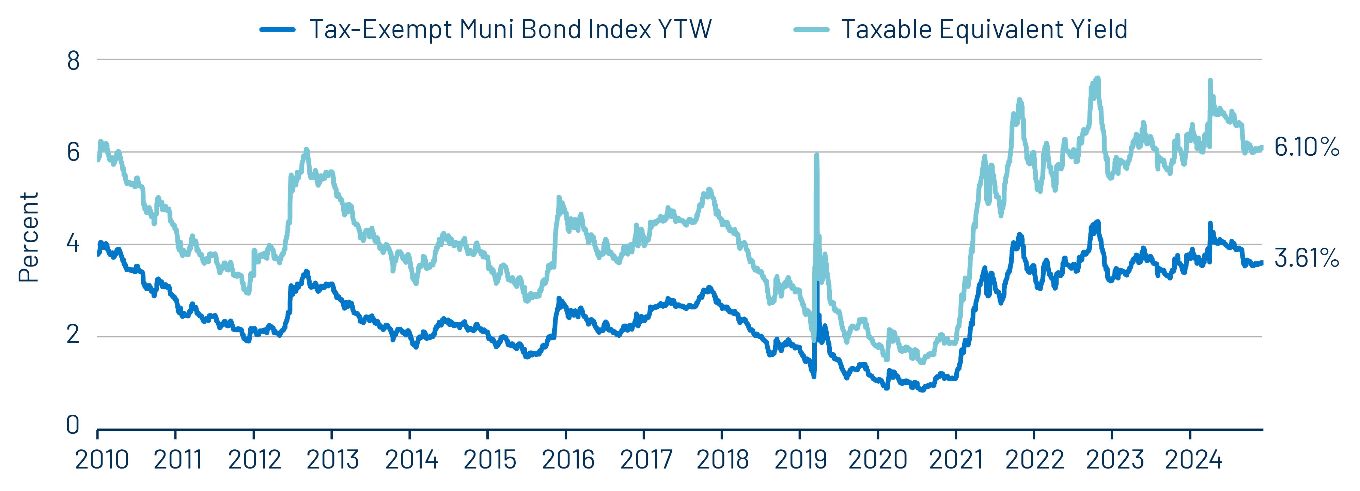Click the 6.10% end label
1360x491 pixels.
coord(1306,147)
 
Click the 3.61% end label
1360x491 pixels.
coord(1306,258)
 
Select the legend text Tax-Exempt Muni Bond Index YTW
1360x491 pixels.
coord(510,30)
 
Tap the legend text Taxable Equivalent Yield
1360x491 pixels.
coord(984,30)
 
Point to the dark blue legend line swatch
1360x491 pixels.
coord(278,30)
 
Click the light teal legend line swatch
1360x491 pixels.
coord(811,30)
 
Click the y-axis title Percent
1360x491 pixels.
coord(29,237)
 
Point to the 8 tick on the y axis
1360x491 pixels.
coord(73,61)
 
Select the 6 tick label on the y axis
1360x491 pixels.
coord(73,153)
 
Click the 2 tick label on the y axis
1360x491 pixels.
coord(73,334)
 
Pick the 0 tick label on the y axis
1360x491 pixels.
coord(73,425)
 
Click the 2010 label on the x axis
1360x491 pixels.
coord(102,460)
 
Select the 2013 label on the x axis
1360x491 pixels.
coord(333,460)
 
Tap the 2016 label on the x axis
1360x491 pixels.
coord(568,460)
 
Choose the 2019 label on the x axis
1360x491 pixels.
coord(801,460)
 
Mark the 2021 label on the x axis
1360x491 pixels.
coord(956,460)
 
